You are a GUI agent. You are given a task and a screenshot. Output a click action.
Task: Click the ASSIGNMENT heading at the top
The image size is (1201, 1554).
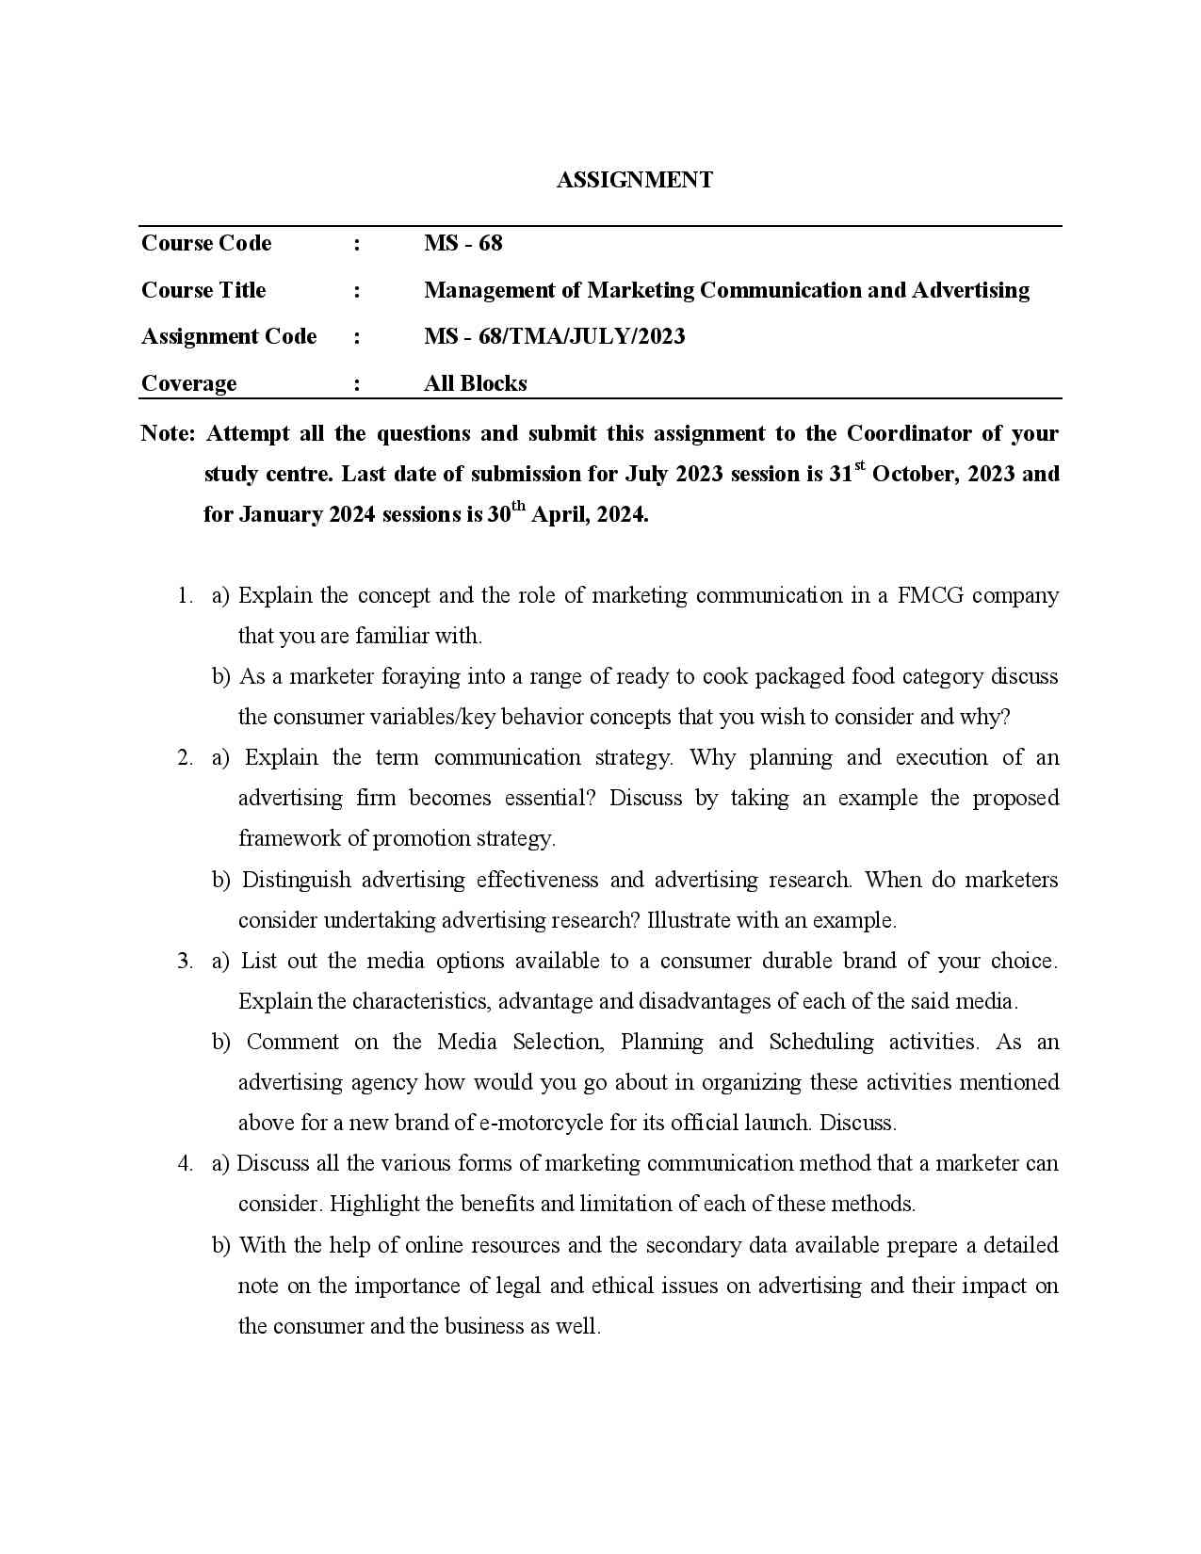click(634, 180)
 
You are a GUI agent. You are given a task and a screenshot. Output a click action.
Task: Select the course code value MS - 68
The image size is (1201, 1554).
click(463, 243)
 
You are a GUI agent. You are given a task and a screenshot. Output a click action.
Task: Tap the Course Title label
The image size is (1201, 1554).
click(203, 290)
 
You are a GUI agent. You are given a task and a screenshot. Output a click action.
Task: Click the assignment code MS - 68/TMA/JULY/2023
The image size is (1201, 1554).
click(554, 336)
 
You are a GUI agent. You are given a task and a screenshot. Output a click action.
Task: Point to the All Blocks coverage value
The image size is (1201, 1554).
click(475, 383)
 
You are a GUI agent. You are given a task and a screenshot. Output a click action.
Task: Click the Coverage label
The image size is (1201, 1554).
click(188, 383)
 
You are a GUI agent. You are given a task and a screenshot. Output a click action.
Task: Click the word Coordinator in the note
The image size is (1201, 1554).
click(908, 433)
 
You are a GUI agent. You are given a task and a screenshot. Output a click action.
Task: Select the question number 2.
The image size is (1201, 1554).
click(185, 757)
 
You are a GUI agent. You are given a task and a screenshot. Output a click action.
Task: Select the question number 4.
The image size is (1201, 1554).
click(185, 1163)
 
